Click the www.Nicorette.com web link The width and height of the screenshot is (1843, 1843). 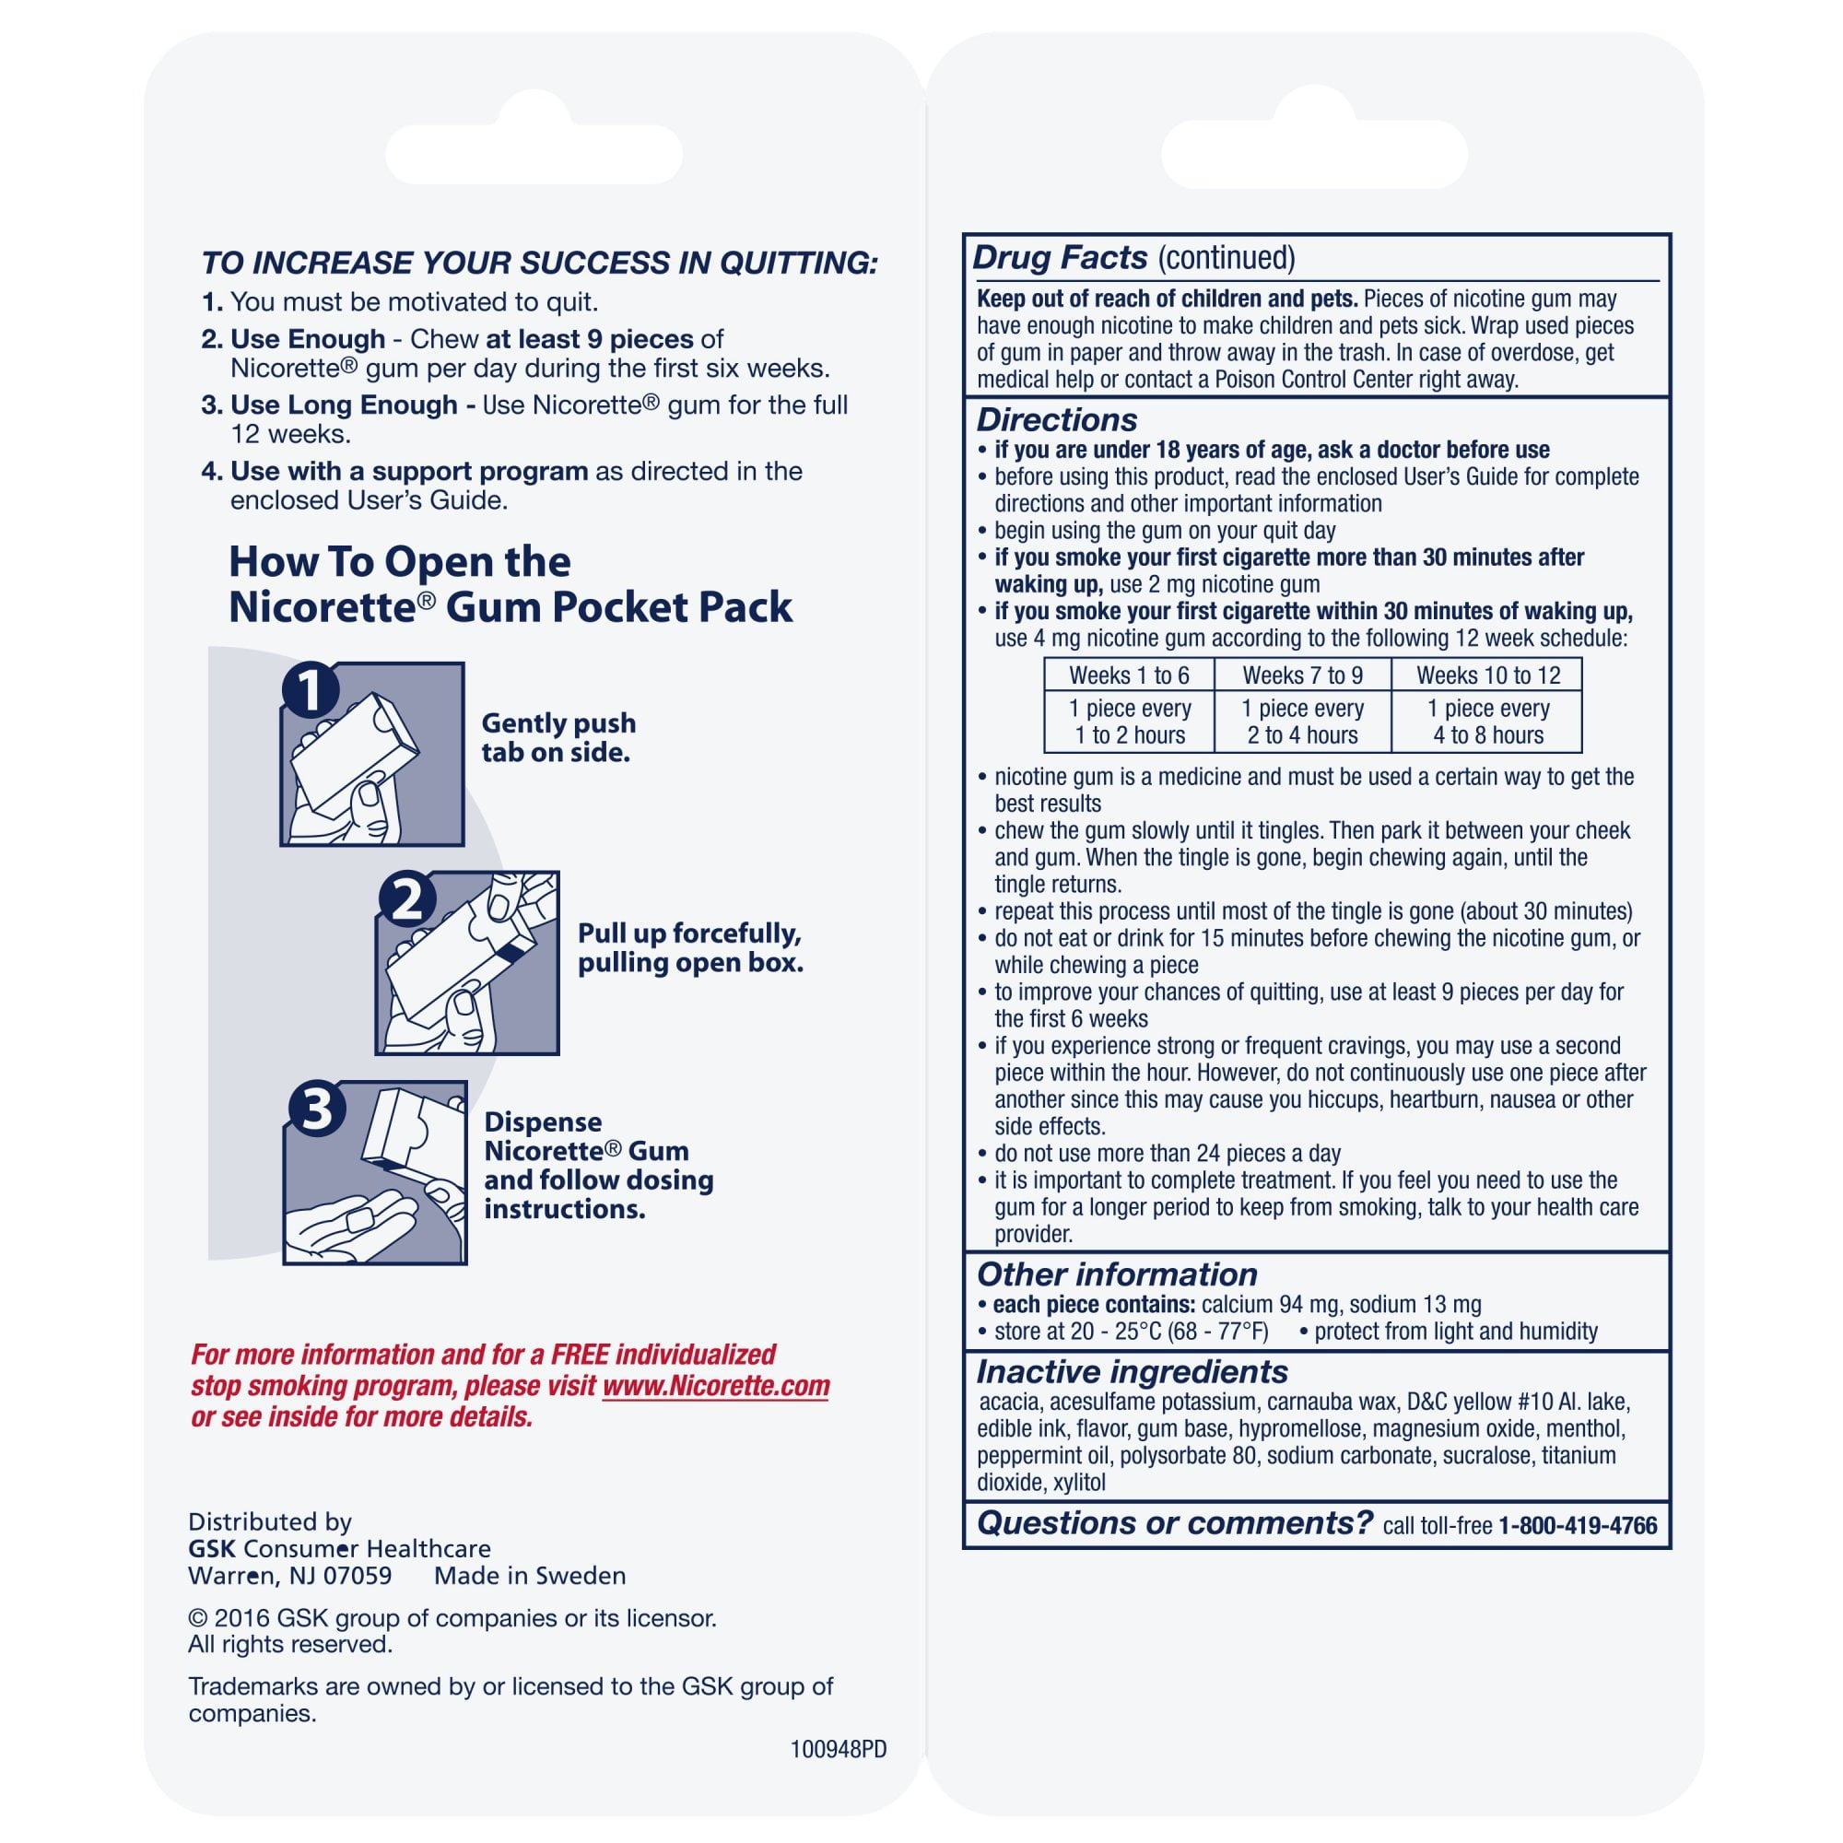[x=715, y=1386]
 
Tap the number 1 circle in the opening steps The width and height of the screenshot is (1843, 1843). [x=311, y=690]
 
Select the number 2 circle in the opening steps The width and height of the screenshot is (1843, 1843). [x=407, y=898]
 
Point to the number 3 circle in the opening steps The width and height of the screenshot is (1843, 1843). [x=317, y=1110]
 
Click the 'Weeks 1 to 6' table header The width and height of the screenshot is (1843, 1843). [x=1129, y=675]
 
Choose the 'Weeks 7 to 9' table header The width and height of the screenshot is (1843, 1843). [x=1302, y=675]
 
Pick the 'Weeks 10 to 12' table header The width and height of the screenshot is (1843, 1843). [x=1487, y=675]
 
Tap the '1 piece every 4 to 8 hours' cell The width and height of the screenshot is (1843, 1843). [x=1487, y=722]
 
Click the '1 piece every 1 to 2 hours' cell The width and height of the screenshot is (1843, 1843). [x=1129, y=722]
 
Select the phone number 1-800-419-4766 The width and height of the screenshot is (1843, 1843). [x=1578, y=1526]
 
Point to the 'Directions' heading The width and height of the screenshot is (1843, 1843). [x=1056, y=419]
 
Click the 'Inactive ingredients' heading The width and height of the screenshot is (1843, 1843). [x=1132, y=1372]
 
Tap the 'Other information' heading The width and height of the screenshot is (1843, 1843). [x=1116, y=1274]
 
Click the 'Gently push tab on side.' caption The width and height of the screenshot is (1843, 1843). [x=558, y=737]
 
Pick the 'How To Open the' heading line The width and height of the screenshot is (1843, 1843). [x=400, y=562]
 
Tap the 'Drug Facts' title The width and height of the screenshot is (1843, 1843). [x=1060, y=258]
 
